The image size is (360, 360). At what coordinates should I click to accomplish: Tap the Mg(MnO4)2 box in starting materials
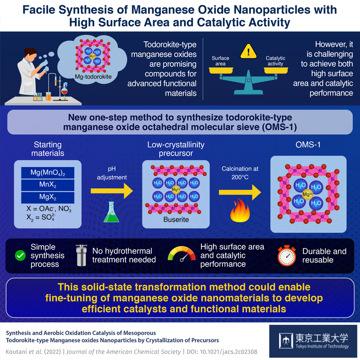tap(46, 172)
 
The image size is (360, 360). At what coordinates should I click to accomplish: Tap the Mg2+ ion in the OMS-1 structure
tap(307, 194)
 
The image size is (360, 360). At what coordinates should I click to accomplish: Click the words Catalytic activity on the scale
tap(276, 61)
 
